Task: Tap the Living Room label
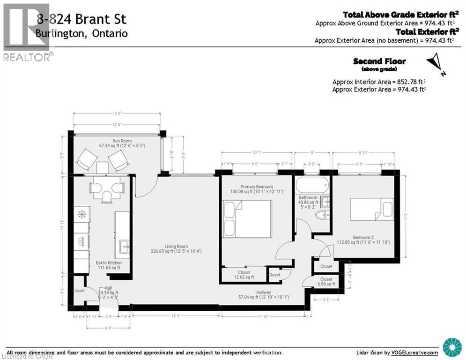[176, 246]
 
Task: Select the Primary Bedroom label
[251, 187]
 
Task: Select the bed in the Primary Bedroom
[247, 218]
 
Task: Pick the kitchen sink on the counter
[124, 244]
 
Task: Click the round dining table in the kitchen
[107, 187]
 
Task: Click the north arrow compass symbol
[435, 63]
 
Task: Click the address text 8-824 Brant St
[81, 20]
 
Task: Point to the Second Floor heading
[379, 61]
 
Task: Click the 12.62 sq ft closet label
[244, 275]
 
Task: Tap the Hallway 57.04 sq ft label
[264, 294]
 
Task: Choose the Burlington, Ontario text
[81, 34]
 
